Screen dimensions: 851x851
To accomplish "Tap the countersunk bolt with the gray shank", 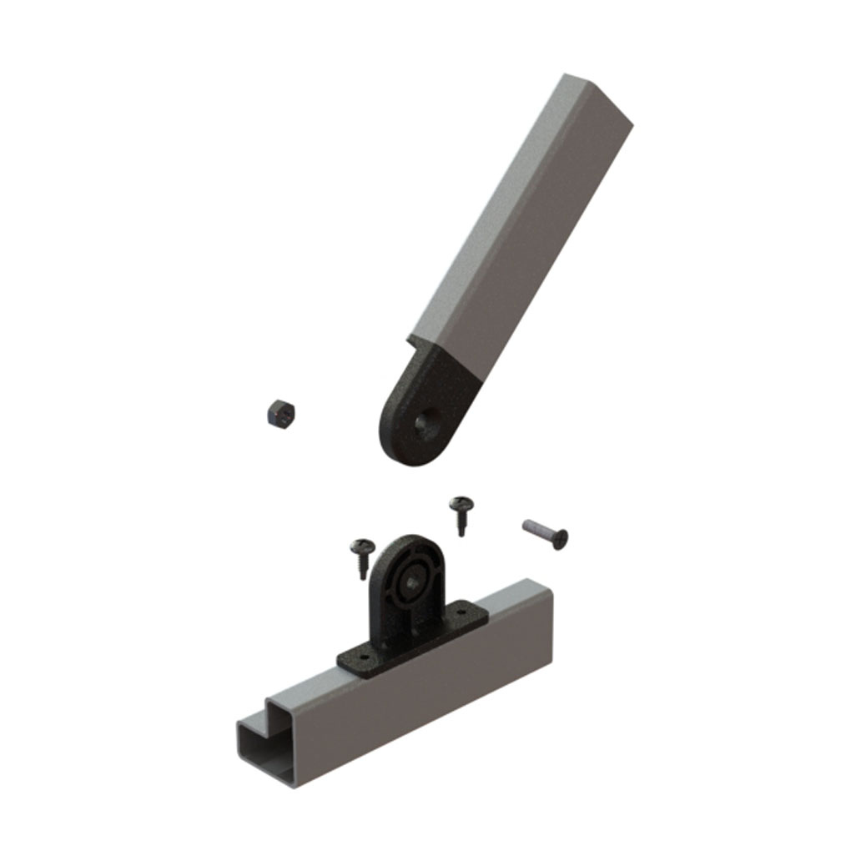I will [544, 533].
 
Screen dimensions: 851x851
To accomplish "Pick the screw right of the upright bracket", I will [461, 513].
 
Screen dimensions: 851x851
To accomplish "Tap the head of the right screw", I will [461, 503].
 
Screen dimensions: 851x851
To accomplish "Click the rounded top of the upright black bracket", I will [409, 546].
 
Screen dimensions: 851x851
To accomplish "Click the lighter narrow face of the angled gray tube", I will [484, 217].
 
